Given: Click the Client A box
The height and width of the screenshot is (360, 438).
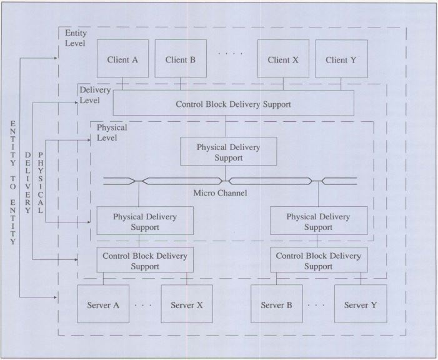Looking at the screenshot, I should point(122,59).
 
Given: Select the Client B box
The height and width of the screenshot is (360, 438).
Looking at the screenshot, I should point(181,59).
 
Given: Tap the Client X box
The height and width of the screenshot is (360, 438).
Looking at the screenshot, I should point(283,59).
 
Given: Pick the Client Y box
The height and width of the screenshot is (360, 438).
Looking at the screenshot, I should point(341,59).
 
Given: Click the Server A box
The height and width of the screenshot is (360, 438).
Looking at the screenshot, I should point(102,304).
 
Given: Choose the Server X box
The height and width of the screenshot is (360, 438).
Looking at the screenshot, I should point(186,304).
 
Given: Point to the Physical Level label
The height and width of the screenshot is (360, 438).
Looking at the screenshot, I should point(112,132).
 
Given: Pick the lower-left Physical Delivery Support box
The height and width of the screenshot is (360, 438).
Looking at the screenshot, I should point(144,221).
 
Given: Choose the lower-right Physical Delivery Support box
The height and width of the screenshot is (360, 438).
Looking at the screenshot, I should point(318,221).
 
